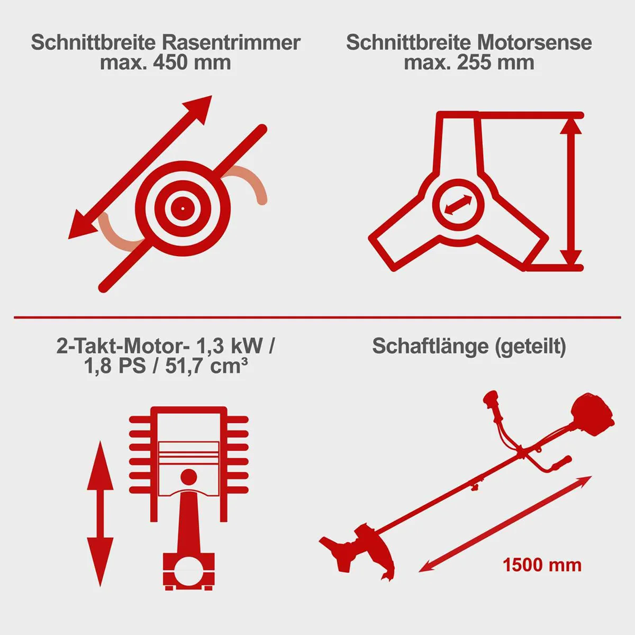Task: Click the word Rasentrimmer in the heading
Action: [x=231, y=43]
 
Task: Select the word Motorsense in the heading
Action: [x=534, y=43]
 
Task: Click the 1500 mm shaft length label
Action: [x=542, y=565]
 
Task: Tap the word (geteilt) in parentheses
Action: [x=531, y=347]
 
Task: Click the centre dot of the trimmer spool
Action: [x=183, y=208]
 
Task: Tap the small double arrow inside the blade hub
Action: [x=458, y=204]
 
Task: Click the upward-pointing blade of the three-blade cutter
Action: [x=459, y=145]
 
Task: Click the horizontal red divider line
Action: [x=317, y=317]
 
